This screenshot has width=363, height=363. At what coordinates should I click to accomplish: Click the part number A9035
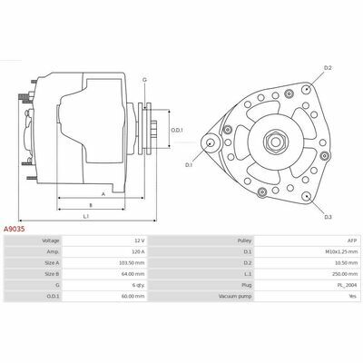pyautogui.click(x=14, y=229)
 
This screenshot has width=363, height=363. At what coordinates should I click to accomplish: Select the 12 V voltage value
pyautogui.click(x=139, y=240)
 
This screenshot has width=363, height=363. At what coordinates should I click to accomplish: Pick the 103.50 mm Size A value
pyautogui.click(x=132, y=263)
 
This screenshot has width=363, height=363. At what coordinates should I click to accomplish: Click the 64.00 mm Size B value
pyautogui.click(x=132, y=274)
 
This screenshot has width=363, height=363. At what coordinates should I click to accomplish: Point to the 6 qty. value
pyautogui.click(x=139, y=285)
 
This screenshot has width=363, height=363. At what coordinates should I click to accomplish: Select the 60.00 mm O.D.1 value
pyautogui.click(x=132, y=297)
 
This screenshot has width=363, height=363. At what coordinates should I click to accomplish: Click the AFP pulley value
pyautogui.click(x=353, y=240)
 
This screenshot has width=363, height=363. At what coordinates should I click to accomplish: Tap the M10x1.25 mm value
pyautogui.click(x=343, y=251)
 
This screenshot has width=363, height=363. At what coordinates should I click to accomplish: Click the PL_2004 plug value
pyautogui.click(x=348, y=285)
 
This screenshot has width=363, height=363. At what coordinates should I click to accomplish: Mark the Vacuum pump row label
pyautogui.click(x=235, y=297)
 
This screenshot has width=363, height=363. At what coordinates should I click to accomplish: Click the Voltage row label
pyautogui.click(x=51, y=240)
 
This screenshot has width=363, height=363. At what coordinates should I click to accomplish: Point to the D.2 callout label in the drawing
pyautogui.click(x=328, y=68)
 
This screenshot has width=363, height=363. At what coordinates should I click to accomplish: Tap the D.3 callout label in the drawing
pyautogui.click(x=329, y=217)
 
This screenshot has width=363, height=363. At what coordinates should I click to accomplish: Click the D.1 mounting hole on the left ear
pyautogui.click(x=210, y=142)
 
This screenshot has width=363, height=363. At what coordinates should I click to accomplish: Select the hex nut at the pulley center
pyautogui.click(x=274, y=142)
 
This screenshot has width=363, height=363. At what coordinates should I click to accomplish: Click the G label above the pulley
pyautogui.click(x=144, y=80)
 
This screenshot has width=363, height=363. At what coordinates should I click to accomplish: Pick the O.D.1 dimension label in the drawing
pyautogui.click(x=177, y=131)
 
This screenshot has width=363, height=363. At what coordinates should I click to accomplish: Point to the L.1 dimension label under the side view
pyautogui.click(x=86, y=216)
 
